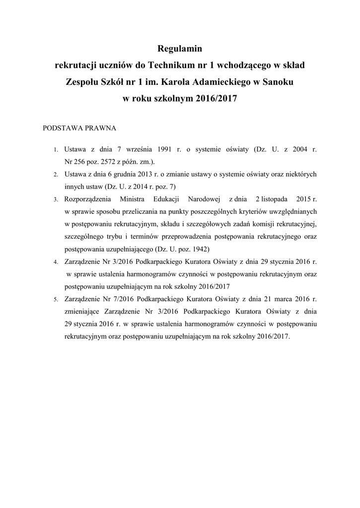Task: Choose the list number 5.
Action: click(x=56, y=300)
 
